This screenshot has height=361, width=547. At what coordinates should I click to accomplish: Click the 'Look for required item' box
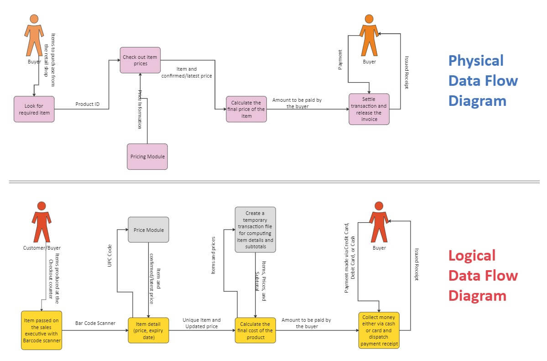34,109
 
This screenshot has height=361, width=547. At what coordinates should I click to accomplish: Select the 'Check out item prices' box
141,60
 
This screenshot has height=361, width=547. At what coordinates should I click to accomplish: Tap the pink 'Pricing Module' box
147,157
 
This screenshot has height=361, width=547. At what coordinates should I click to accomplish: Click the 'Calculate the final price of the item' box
246,109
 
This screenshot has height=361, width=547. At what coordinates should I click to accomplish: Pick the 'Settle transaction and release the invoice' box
369,109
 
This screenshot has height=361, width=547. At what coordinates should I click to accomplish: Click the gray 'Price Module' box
148,230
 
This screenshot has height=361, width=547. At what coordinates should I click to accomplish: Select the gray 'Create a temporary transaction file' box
255,230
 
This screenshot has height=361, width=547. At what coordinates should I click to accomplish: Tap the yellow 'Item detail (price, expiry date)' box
148,330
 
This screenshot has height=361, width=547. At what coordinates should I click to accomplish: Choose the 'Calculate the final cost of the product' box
255,330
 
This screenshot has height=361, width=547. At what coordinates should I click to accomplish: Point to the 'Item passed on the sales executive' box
42,330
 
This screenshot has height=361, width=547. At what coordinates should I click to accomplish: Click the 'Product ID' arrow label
87,104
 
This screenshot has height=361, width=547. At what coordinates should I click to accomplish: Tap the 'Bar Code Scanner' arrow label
95,323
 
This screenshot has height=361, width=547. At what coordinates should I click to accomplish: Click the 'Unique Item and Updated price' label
201,323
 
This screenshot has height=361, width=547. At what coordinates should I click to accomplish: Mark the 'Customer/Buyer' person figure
42,222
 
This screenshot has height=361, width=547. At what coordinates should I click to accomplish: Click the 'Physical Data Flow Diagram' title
483,80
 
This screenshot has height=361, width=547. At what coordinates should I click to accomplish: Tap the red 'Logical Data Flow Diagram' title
483,275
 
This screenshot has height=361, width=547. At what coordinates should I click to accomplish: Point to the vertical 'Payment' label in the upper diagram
340,60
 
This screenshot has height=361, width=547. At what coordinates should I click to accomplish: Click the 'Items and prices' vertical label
213,256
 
